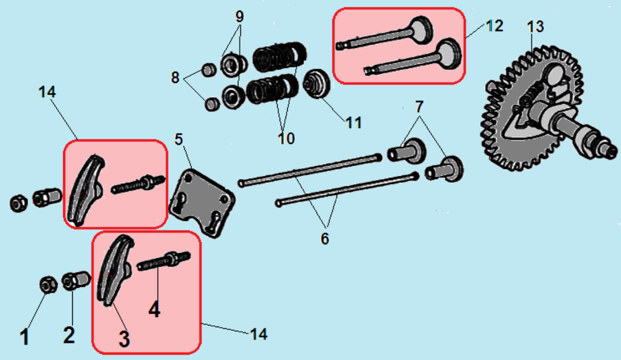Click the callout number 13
(x=535, y=27)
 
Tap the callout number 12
(x=494, y=25)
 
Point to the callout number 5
(x=179, y=140)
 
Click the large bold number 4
(x=154, y=309)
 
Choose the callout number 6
(x=324, y=238)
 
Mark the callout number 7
(x=419, y=106)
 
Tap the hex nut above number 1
(x=46, y=285)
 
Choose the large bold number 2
(x=69, y=335)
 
